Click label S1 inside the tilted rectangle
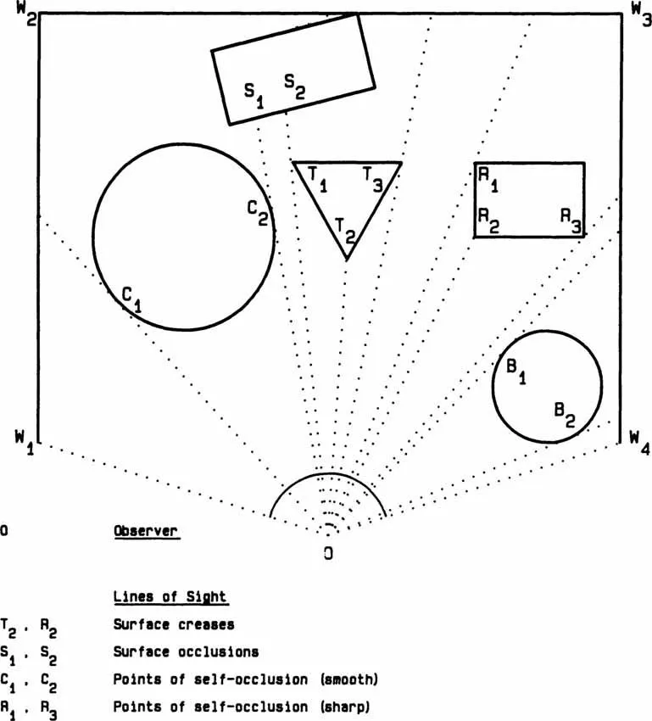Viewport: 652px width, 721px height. click(x=254, y=92)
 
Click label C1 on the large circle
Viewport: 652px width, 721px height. click(x=131, y=298)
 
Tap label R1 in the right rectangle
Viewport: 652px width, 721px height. click(x=488, y=177)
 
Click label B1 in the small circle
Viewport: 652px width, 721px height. click(x=516, y=372)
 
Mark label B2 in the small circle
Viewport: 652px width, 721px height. click(x=565, y=413)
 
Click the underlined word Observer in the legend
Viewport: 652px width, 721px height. click(x=146, y=531)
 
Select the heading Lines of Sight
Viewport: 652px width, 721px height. click(x=170, y=596)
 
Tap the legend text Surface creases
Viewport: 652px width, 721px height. click(x=174, y=625)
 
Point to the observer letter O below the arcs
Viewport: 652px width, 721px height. click(x=327, y=553)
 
